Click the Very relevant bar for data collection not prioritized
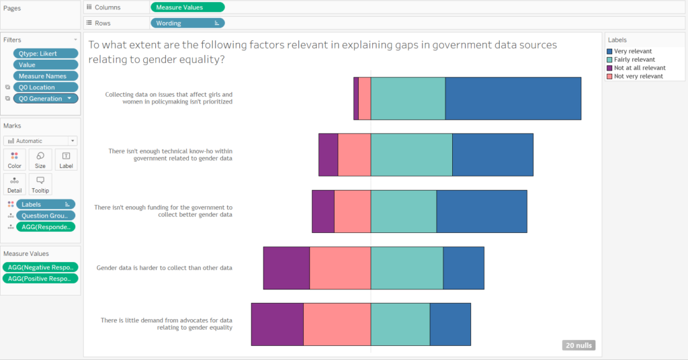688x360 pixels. [x=513, y=99]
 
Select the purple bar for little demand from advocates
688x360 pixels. [x=277, y=324]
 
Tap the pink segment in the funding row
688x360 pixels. [x=352, y=212]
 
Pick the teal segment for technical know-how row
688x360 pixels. [x=411, y=154]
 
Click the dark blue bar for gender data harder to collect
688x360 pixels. [x=464, y=268]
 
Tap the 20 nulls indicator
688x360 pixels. [x=578, y=345]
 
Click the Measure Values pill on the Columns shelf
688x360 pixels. [x=187, y=7]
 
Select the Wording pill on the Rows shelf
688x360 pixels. [x=187, y=23]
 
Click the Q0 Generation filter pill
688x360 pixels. [x=46, y=99]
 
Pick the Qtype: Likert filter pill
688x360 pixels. [x=46, y=53]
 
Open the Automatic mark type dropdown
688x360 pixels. [x=40, y=141]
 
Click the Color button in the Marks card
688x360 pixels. [x=15, y=160]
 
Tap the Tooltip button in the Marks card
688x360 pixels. [x=40, y=184]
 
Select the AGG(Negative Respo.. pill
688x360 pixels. [x=40, y=267]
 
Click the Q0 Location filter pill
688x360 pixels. [x=46, y=87]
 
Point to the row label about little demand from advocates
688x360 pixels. [x=166, y=324]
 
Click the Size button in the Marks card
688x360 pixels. [x=40, y=160]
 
